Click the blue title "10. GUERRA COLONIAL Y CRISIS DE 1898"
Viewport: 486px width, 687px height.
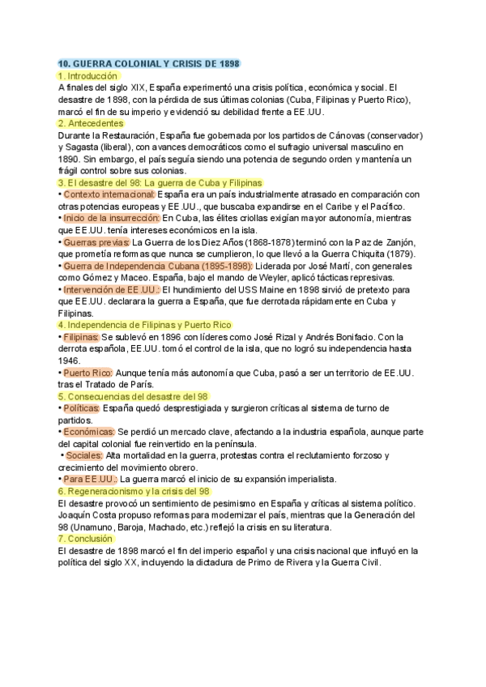point(150,64)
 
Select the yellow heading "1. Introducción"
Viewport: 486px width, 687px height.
point(88,75)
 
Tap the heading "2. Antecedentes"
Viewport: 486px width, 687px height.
point(91,123)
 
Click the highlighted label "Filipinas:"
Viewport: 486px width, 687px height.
point(81,337)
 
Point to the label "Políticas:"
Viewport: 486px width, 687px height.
point(82,408)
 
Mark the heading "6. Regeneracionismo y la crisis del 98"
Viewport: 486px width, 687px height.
point(134,491)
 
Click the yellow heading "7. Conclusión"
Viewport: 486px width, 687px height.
point(87,539)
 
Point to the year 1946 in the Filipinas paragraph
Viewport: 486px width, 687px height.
point(69,361)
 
